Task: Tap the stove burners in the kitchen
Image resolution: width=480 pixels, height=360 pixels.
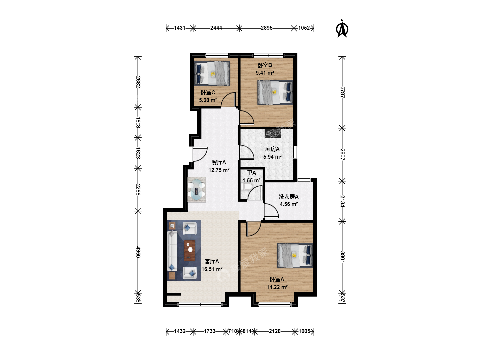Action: click(273, 133)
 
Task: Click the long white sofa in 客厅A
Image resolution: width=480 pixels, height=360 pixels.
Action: click(172, 251)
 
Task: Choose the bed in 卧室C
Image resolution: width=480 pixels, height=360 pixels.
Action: click(212, 73)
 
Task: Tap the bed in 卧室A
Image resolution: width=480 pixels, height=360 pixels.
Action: click(295, 256)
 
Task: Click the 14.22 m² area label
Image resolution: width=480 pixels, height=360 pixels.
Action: click(277, 287)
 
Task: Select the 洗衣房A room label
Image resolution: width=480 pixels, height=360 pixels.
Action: click(288, 197)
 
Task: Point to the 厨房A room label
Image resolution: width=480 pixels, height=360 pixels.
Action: click(272, 149)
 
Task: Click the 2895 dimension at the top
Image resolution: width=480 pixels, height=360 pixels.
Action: click(266, 28)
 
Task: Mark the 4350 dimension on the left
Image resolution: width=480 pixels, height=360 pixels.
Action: click(138, 252)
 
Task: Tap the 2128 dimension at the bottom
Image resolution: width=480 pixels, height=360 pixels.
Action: click(275, 331)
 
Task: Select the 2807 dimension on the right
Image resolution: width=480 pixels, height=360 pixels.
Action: click(342, 155)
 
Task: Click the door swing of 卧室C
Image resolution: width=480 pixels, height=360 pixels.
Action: click(228, 100)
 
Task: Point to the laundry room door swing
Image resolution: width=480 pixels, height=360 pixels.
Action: click(271, 211)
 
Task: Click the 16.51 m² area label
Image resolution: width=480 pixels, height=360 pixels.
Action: click(212, 269)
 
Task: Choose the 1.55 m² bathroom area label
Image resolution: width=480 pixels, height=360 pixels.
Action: click(251, 180)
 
